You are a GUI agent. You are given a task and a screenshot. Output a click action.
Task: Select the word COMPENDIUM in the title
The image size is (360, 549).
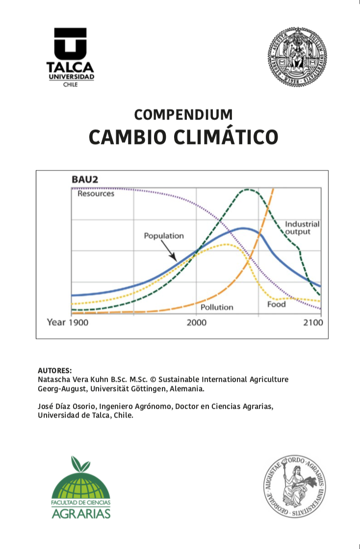pyautogui.click(x=183, y=115)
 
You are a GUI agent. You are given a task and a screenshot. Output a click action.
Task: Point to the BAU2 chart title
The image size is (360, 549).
pyautogui.click(x=85, y=179)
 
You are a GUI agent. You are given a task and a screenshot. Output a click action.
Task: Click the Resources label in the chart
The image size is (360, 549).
pyautogui.click(x=96, y=194)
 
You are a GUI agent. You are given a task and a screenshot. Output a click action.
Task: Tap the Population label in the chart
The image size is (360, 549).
pyautogui.click(x=164, y=236)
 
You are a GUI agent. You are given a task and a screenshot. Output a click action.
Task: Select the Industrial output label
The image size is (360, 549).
pyautogui.click(x=302, y=227)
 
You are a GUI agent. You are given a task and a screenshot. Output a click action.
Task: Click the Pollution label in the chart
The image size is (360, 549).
pyautogui.click(x=217, y=307)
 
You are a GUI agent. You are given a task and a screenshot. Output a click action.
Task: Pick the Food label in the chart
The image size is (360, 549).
pyautogui.click(x=277, y=304)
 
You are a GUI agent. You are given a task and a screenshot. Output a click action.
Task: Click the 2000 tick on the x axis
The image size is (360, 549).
pyautogui.click(x=196, y=323)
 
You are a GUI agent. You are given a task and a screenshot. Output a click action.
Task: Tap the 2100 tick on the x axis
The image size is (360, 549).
pyautogui.click(x=313, y=323)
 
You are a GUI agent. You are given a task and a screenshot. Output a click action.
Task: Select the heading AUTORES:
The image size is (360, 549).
pyautogui.click(x=55, y=370)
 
